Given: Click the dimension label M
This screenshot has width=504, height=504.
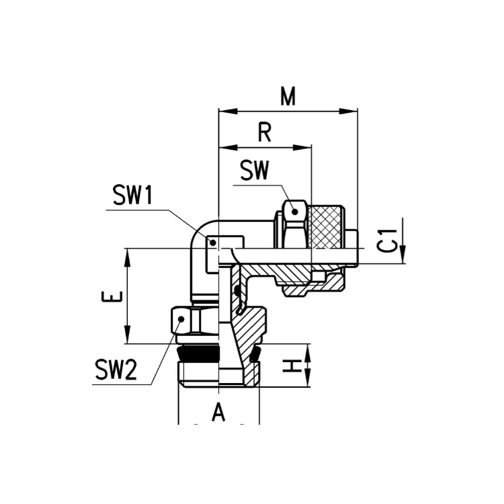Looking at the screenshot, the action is tap(288, 96).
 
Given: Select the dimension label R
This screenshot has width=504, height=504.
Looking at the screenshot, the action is tap(265, 132).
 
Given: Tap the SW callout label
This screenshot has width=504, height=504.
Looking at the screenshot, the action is tap(254, 171).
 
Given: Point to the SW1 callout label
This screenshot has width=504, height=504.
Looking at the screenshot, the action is tap(132, 196).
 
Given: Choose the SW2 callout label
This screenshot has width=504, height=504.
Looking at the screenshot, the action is tap(116, 370).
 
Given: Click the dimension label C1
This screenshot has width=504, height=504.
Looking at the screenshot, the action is tap(386, 241).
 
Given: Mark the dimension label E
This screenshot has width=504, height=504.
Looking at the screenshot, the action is tap(112, 296).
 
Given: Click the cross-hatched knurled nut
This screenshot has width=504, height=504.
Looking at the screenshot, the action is tap(325, 227).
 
